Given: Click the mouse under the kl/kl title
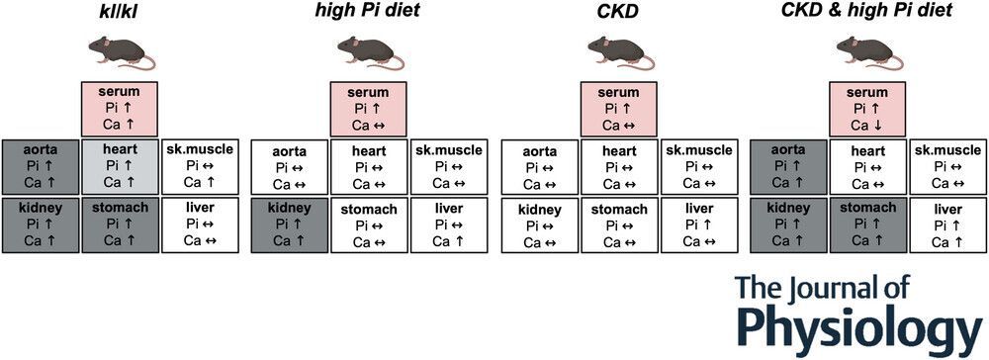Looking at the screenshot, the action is [121, 51].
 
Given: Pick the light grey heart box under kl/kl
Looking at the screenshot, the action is [120, 167].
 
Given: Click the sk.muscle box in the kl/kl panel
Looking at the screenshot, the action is [200, 167].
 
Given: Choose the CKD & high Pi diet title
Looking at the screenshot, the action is [866, 12].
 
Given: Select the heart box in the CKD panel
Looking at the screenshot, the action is [619, 167].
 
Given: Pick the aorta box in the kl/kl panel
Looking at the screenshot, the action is [41, 167].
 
